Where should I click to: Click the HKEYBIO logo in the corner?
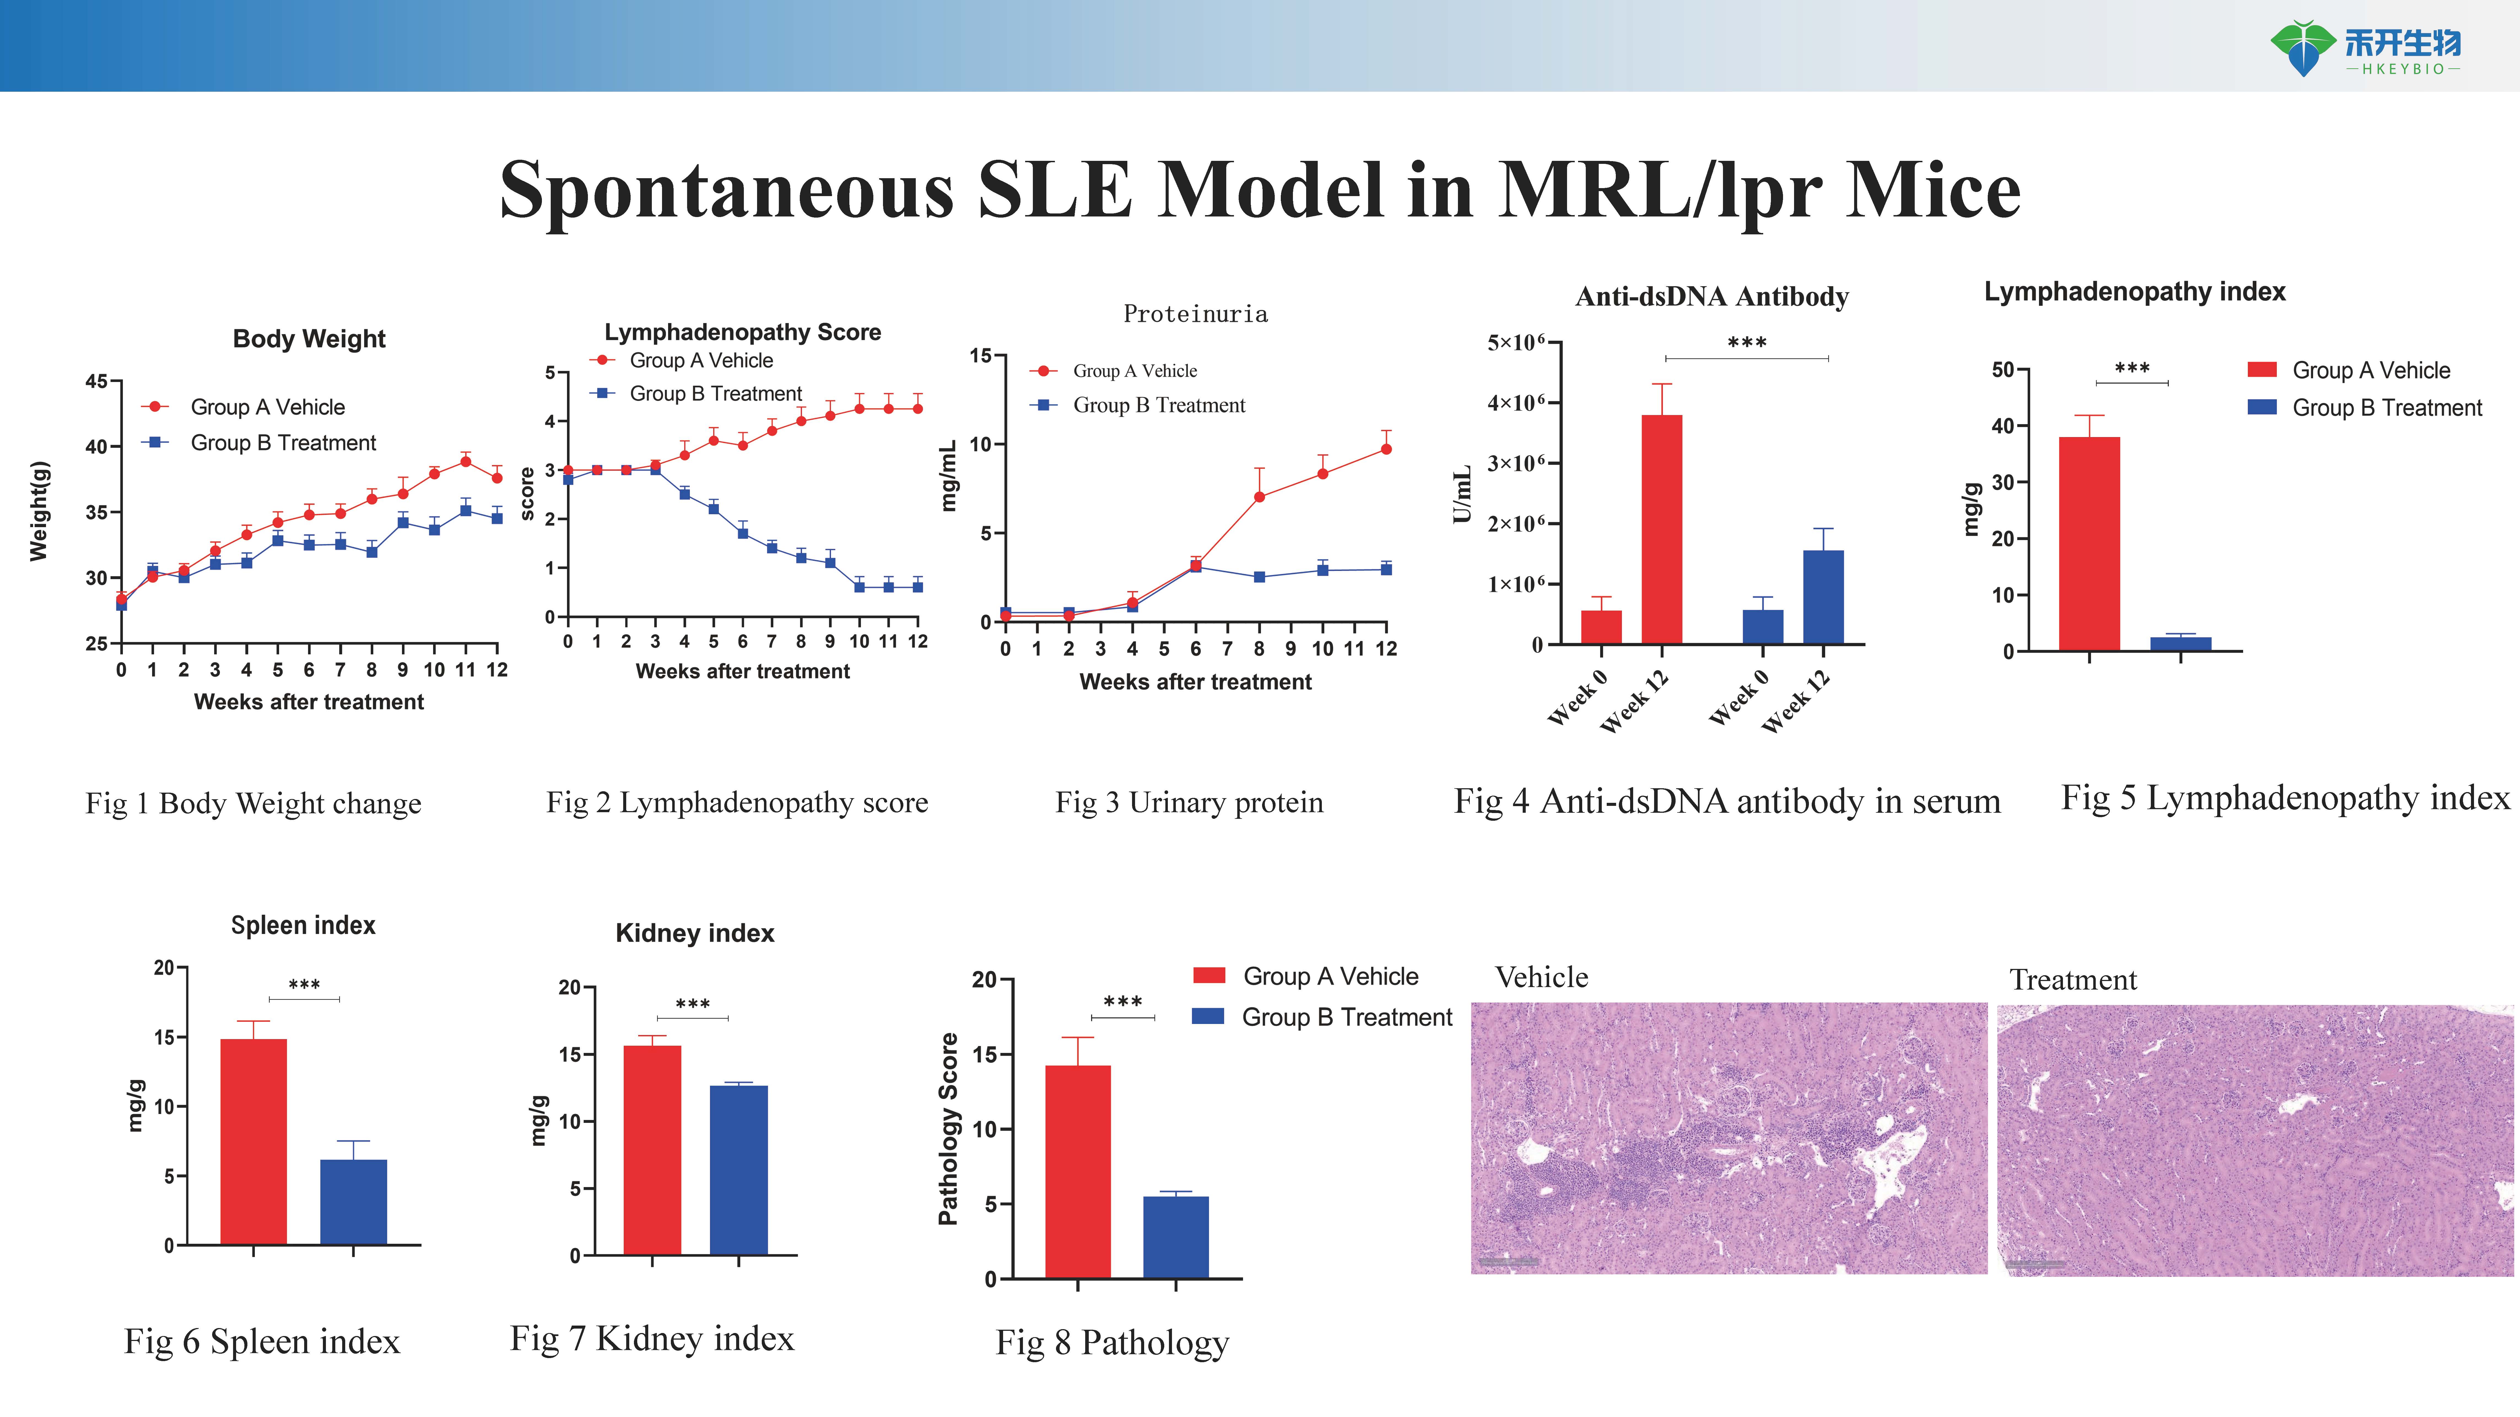click(2365, 49)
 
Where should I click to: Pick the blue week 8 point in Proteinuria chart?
click(1259, 577)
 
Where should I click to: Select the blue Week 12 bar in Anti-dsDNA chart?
click(1824, 597)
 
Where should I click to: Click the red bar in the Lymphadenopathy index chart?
click(2090, 544)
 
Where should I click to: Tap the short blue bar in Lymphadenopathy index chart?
click(2181, 643)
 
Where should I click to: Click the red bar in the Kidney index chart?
click(652, 1150)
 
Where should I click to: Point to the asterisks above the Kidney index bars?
click(693, 1004)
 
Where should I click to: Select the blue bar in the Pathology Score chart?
click(1176, 1237)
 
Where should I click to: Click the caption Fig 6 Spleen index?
click(262, 1342)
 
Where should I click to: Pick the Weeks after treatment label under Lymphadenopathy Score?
click(742, 671)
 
